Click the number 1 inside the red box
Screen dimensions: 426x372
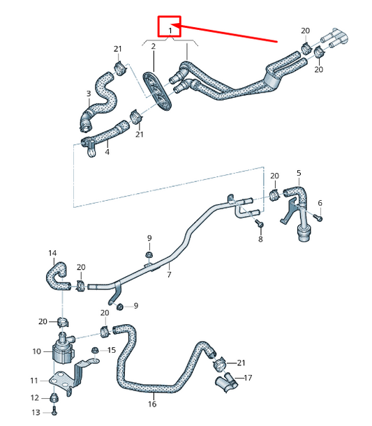click(x=169, y=30)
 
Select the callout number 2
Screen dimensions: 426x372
click(x=154, y=46)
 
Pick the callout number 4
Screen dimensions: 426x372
click(x=107, y=151)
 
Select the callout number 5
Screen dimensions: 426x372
click(x=299, y=172)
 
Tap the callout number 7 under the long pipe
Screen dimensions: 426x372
click(x=168, y=275)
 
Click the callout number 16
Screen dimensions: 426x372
click(x=152, y=404)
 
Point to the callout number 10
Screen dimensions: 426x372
click(x=37, y=351)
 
